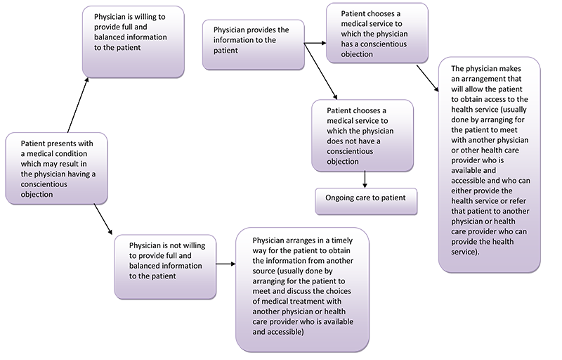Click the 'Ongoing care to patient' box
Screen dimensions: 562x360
tap(366, 201)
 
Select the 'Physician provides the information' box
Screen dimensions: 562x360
tap(254, 44)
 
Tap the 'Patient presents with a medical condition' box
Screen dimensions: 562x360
tap(57, 169)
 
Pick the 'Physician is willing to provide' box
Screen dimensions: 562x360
tap(133, 41)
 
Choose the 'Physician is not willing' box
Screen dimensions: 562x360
tap(165, 266)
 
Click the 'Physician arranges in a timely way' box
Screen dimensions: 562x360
tap(302, 290)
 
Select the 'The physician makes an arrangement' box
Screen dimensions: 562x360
tap(489, 165)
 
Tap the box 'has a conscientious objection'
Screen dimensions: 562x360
tap(377, 33)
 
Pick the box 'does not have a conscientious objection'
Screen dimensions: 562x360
tap(362, 136)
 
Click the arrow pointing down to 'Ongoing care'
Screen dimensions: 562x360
tap(365, 179)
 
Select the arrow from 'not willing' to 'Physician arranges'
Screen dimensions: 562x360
tap(226, 264)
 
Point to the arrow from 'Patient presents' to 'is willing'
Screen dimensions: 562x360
tap(78, 105)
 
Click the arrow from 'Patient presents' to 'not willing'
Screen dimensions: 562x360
tap(103, 219)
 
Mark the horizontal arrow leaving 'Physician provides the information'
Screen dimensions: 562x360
tap(315, 43)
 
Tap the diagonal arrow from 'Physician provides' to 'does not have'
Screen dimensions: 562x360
tap(321, 71)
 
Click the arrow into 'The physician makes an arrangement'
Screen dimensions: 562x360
tap(427, 78)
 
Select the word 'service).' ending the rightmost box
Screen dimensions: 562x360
tap(465, 252)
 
